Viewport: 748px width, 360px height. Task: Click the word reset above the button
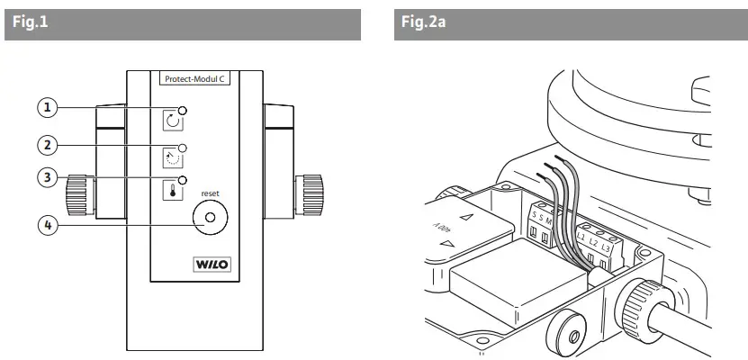pos(211,193)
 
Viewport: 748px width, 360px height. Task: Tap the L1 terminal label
pos(582,240)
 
